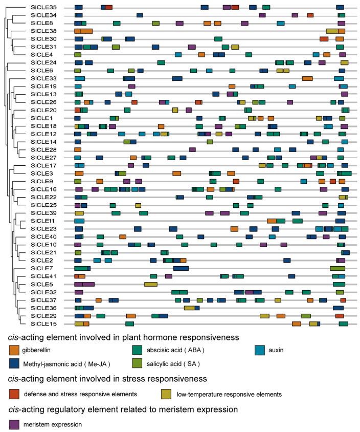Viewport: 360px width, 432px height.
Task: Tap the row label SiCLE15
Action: click(43, 324)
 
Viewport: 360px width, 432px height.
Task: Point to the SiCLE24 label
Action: click(43, 62)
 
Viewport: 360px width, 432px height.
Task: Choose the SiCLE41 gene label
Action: click(43, 276)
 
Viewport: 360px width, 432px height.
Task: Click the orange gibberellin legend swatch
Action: click(14, 351)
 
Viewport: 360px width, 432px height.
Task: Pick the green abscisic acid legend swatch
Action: click(137, 351)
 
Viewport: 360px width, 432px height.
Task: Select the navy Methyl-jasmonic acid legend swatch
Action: click(14, 364)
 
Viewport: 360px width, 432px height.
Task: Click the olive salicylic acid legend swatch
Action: click(137, 364)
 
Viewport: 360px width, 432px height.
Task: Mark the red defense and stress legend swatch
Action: click(14, 394)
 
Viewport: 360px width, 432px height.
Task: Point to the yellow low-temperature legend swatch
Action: click(165, 394)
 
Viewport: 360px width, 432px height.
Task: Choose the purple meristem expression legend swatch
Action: click(14, 424)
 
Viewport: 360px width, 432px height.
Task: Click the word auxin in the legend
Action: click(280, 351)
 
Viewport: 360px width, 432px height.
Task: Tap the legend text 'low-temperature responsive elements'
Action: click(229, 394)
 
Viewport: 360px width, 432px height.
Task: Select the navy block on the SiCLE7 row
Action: click(181, 268)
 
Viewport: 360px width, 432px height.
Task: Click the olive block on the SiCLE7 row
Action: click(337, 268)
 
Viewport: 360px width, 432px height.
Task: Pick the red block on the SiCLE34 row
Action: click(310, 15)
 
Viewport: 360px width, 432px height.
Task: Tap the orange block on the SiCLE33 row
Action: click(307, 78)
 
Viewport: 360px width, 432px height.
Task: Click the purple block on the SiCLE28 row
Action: click(192, 149)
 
